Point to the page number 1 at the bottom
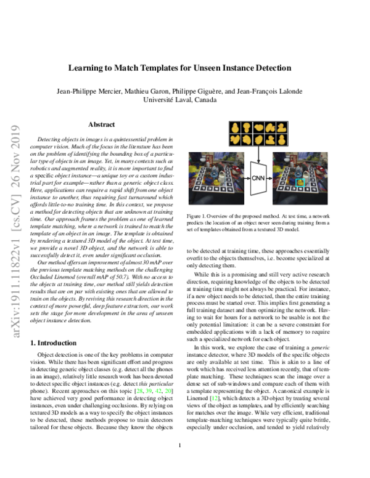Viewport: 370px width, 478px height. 179,463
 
